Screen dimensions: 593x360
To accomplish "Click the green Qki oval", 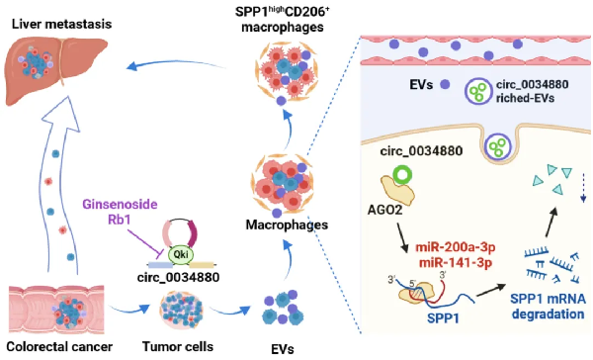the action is (181, 254).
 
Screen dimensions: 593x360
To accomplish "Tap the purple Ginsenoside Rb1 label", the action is (120, 212).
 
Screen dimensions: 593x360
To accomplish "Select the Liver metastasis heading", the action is (61, 24).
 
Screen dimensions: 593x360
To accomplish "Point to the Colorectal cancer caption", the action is (59, 346).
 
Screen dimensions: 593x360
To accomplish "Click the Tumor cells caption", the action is (178, 346).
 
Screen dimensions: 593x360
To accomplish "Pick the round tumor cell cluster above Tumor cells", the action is (182, 311).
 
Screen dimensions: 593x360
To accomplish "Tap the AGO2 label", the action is (385, 210).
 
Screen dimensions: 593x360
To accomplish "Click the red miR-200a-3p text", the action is (456, 247).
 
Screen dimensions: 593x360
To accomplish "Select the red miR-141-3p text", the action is (456, 262).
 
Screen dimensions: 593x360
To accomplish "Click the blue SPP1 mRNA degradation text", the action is (548, 307).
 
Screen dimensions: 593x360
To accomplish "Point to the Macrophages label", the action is (287, 225).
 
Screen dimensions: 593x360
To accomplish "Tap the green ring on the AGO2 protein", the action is (402, 174).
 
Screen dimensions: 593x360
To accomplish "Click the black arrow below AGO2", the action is (402, 237).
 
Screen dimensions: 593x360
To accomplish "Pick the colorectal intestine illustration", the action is (56, 310).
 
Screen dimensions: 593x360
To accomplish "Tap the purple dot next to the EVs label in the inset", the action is (445, 84).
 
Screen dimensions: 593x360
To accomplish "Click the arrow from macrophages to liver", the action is (176, 63).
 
